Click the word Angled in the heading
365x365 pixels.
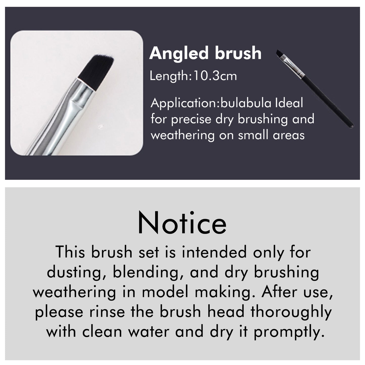[179, 54]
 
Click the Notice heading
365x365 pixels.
[182, 223]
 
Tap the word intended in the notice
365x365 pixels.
[214, 252]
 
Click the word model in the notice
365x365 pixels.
[165, 292]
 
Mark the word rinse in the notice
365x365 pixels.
[107, 312]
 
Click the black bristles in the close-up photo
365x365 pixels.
[96, 72]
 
